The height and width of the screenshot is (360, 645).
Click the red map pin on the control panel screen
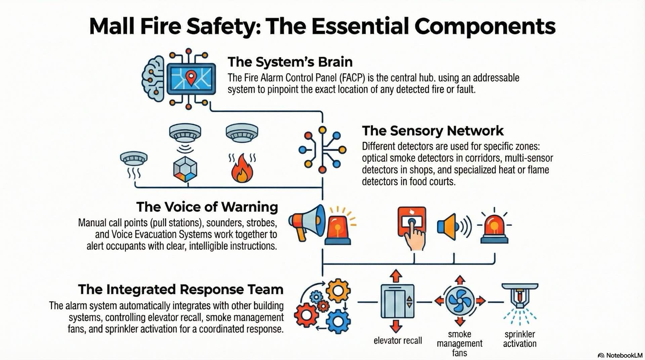tap(191, 78)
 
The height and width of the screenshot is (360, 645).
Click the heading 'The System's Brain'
tap(290, 62)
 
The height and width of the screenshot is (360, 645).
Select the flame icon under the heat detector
tap(242, 169)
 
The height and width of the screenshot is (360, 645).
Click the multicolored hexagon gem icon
tap(185, 169)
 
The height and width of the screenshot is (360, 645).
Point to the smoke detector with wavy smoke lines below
tap(134, 159)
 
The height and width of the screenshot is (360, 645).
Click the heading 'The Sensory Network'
tap(432, 131)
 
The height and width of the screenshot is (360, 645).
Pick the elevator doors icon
tap(397, 301)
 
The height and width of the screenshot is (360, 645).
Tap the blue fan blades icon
tap(460, 301)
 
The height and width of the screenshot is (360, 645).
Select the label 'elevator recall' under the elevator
tap(397, 341)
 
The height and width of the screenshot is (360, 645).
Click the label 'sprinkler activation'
tap(519, 339)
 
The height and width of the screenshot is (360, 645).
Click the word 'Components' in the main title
tap(485, 26)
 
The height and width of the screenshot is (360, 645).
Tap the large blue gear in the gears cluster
tap(338, 321)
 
